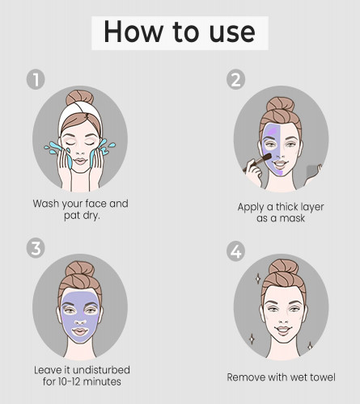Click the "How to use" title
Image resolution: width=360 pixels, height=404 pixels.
pos(180,32)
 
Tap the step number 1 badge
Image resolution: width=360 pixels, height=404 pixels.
pos(36,79)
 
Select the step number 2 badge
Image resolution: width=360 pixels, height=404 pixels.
pos(235,79)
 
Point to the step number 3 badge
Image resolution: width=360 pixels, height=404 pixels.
pos(36,249)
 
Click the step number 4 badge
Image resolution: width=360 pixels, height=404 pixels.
pos(235,251)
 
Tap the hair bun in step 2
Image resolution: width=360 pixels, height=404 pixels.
pos(281,104)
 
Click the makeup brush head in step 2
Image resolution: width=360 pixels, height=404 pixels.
pos(266,157)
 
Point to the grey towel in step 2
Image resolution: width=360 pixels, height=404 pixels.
pos(312,171)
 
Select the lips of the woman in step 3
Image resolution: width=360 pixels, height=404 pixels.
pos(80,331)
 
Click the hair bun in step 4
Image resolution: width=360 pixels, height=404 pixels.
pos(283,267)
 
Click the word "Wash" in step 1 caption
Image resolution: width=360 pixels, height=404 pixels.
pos(46,204)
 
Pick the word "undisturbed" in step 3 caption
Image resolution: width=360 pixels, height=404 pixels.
pos(101,370)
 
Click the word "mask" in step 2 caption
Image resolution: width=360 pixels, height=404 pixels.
pos(293,218)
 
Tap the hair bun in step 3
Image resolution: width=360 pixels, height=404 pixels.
pos(80,269)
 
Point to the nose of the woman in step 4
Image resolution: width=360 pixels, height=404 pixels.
pos(283,318)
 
